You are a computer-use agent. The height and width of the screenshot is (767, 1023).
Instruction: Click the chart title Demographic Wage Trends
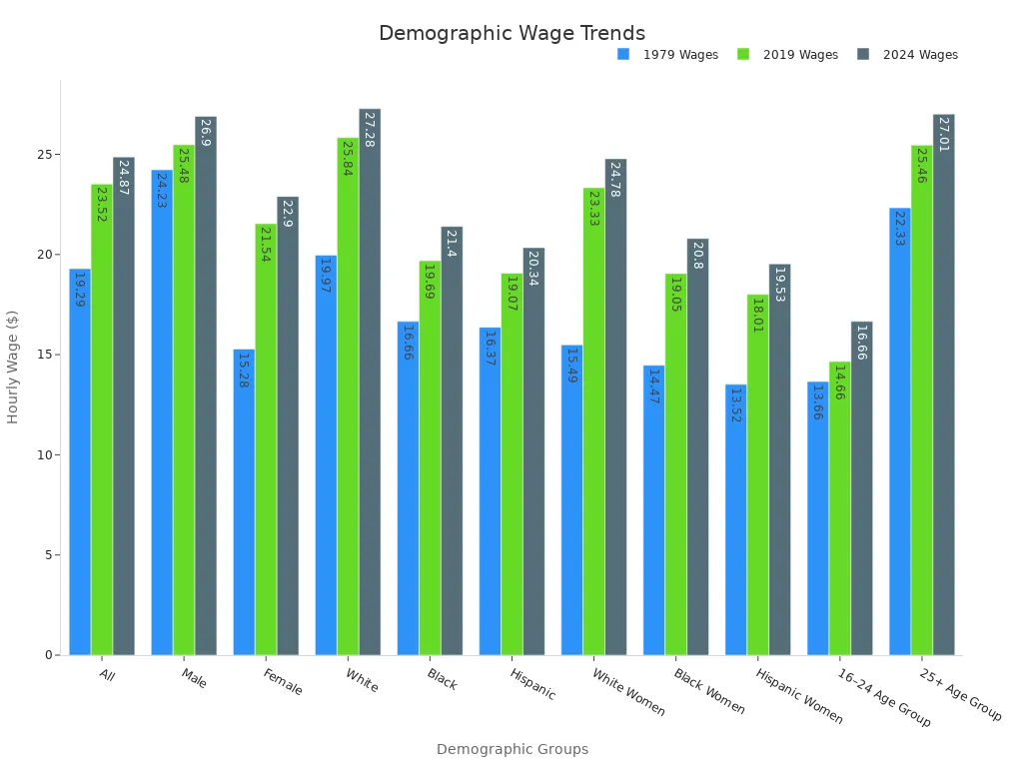[511, 33]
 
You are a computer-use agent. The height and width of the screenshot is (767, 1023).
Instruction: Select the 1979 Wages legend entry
[680, 55]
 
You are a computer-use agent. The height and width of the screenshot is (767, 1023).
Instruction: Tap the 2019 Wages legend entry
[800, 55]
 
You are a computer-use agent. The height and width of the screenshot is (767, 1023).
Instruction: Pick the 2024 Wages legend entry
[920, 55]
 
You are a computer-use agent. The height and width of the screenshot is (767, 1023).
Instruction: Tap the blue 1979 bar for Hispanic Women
[735, 519]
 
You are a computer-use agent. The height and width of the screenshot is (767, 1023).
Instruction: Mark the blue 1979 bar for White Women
[571, 499]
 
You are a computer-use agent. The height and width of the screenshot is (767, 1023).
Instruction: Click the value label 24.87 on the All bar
[124, 176]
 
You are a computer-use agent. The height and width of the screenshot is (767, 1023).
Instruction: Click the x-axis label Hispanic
[532, 684]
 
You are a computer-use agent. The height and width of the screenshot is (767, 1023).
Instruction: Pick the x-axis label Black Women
[708, 691]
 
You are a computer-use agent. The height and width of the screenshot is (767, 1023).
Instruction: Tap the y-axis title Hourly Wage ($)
[13, 367]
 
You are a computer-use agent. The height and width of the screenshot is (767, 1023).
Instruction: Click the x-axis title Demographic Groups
[511, 749]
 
